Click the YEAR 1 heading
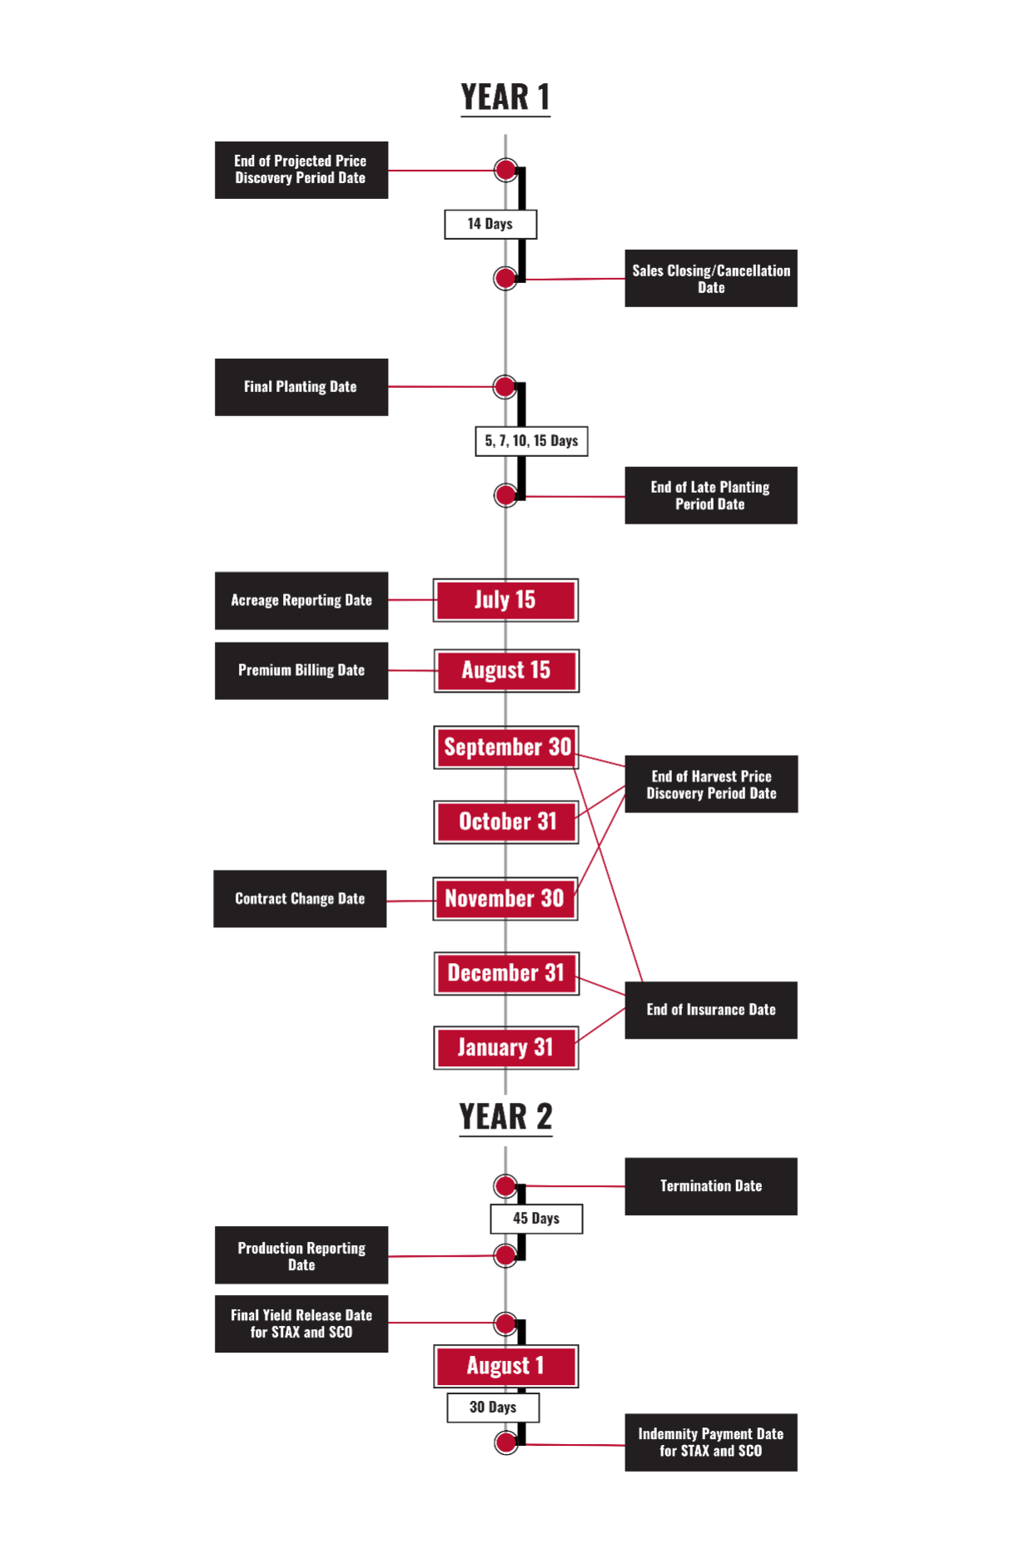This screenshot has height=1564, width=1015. point(505,97)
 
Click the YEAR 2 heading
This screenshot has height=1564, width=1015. point(505,1117)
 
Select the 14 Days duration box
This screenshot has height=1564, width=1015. point(490,224)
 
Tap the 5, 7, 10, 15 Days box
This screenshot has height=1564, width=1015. point(531,441)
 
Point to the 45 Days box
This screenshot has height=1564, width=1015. point(536,1219)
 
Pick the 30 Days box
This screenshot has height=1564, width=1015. point(493,1408)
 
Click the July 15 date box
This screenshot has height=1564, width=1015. point(505,600)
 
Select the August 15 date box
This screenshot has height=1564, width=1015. point(506,671)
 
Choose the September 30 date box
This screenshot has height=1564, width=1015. point(506,747)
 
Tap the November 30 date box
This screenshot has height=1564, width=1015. point(505,899)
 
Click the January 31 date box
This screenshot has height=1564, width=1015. point(506,1048)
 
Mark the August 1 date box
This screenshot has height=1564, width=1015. point(506,1367)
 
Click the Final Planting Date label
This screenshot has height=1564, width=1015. point(301,387)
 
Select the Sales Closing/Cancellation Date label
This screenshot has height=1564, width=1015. point(711,279)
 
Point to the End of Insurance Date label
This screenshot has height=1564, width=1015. point(711,1010)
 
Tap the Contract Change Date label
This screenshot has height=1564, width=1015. point(300,899)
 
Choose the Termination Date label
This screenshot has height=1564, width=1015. point(711,1186)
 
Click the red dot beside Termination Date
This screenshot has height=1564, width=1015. point(505,1186)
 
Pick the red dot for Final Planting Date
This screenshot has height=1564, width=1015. point(505,387)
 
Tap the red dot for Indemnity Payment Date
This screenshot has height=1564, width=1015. point(505,1443)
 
